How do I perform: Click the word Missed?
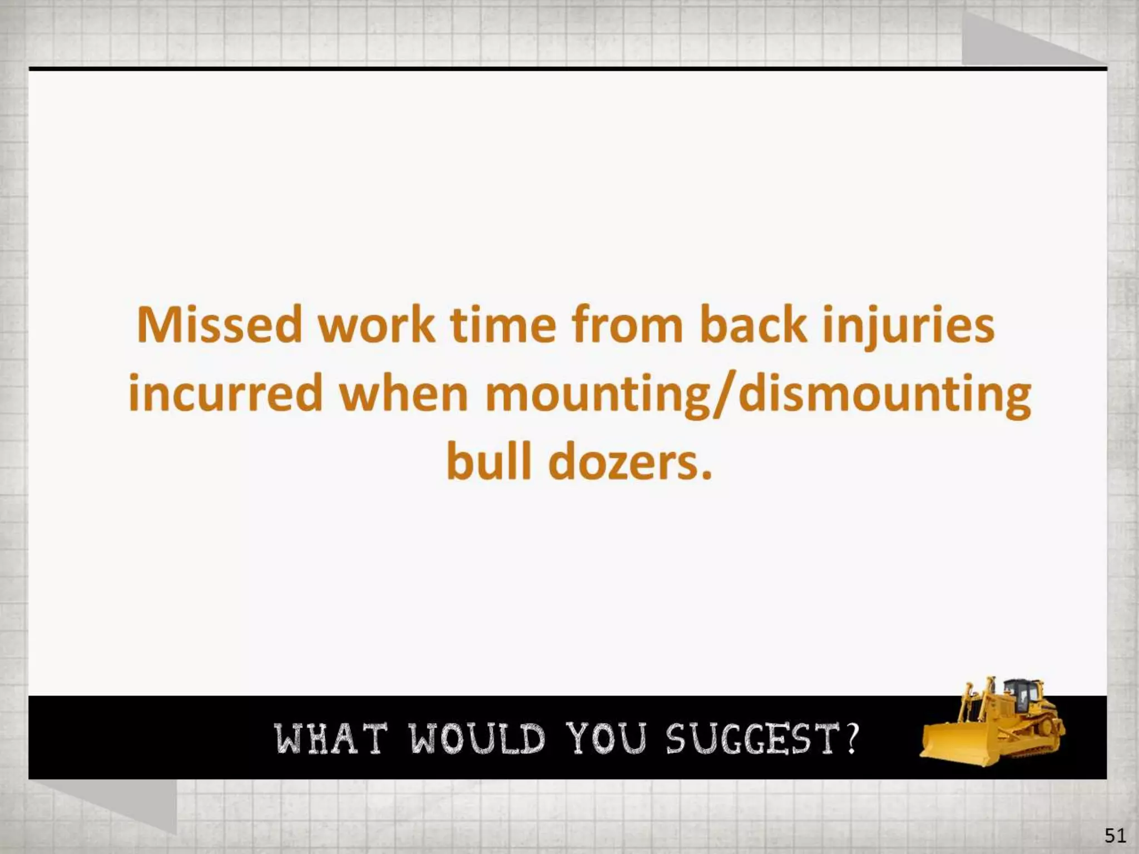220,325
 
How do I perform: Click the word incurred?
225,394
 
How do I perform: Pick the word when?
404,394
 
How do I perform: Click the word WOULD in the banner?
478,739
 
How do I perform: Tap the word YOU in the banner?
606,739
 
